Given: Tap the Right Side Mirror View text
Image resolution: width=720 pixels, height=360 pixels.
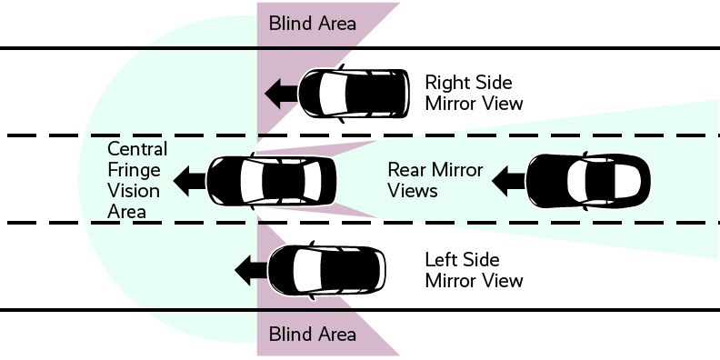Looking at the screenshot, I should point(475,91).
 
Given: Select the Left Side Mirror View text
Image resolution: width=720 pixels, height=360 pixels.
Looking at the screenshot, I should point(475,270).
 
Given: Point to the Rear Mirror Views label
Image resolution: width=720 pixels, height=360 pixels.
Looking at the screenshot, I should point(435,180).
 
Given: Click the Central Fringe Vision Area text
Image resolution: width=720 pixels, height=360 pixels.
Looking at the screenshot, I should point(136,180).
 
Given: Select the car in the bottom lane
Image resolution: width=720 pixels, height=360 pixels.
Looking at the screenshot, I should point(329,270).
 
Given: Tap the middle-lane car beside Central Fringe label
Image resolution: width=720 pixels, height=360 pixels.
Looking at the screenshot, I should point(272,180).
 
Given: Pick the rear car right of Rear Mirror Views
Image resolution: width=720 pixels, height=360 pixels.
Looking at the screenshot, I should point(588,181).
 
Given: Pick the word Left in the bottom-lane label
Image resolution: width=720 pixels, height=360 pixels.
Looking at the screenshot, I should point(443,260).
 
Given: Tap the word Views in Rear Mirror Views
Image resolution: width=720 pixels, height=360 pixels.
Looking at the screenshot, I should point(413,191).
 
